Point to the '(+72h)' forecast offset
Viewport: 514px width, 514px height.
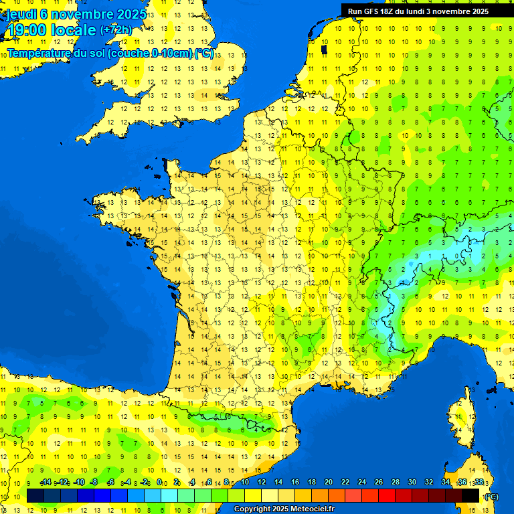116,29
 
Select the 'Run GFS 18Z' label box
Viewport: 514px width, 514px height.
418,11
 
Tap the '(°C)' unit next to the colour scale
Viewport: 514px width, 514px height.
491,497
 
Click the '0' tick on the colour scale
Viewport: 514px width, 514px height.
159,482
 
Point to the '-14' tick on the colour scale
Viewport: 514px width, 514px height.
46,482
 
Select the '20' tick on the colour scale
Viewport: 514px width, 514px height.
328,482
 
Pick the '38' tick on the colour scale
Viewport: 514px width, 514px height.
479,482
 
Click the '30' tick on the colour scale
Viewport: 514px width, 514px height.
412,482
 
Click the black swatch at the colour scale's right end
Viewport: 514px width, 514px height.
471,496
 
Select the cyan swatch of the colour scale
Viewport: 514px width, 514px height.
169,496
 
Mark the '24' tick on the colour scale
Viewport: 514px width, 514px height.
361,482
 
